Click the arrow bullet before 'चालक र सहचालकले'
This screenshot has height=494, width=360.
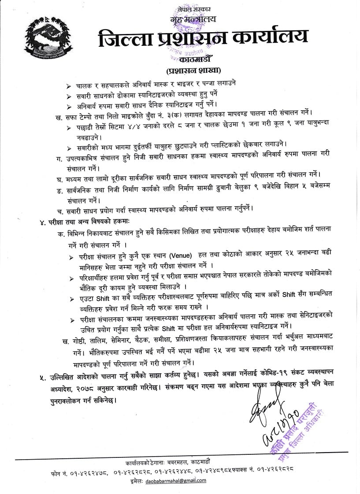click(68, 85)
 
